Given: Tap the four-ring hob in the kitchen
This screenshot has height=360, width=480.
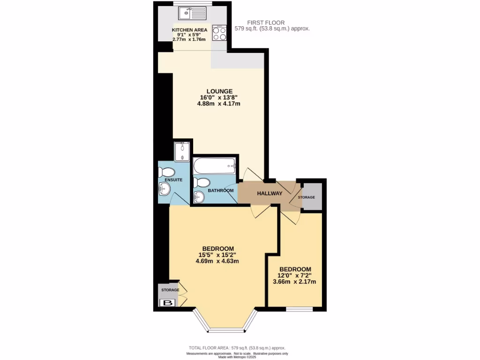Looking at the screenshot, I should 219,33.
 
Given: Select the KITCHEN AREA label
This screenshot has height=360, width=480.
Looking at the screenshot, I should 189,30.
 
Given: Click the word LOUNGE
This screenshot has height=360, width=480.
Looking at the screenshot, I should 220,91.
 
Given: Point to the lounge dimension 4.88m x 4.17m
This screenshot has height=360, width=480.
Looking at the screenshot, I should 220,104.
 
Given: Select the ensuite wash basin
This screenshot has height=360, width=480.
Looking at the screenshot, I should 165,189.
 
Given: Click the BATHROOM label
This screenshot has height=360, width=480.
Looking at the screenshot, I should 221,190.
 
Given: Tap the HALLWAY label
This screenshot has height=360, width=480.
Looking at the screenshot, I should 270,193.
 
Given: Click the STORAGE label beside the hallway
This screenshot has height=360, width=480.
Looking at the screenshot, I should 307,197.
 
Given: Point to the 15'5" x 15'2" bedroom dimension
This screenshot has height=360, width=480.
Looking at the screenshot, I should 217,255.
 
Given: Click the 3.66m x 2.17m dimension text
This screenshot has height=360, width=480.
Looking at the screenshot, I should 294,282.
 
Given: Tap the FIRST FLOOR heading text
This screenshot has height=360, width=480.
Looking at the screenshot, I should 266,22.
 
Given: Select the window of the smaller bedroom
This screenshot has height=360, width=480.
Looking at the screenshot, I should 300,309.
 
